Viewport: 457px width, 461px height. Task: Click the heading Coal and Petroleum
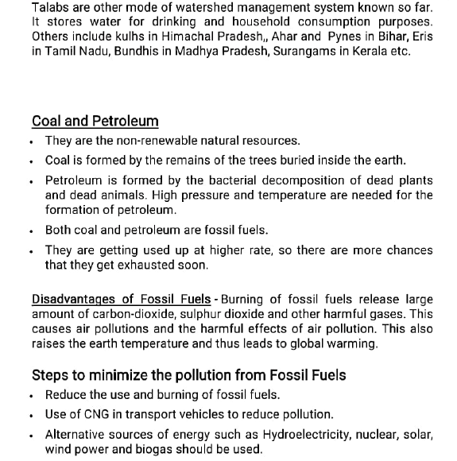[95, 122]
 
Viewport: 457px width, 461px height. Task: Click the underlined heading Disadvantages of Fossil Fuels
[121, 300]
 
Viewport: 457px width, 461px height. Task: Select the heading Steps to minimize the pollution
[188, 375]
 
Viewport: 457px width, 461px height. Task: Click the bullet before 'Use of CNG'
[29, 415]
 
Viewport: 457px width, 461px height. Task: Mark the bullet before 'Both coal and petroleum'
[29, 230]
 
